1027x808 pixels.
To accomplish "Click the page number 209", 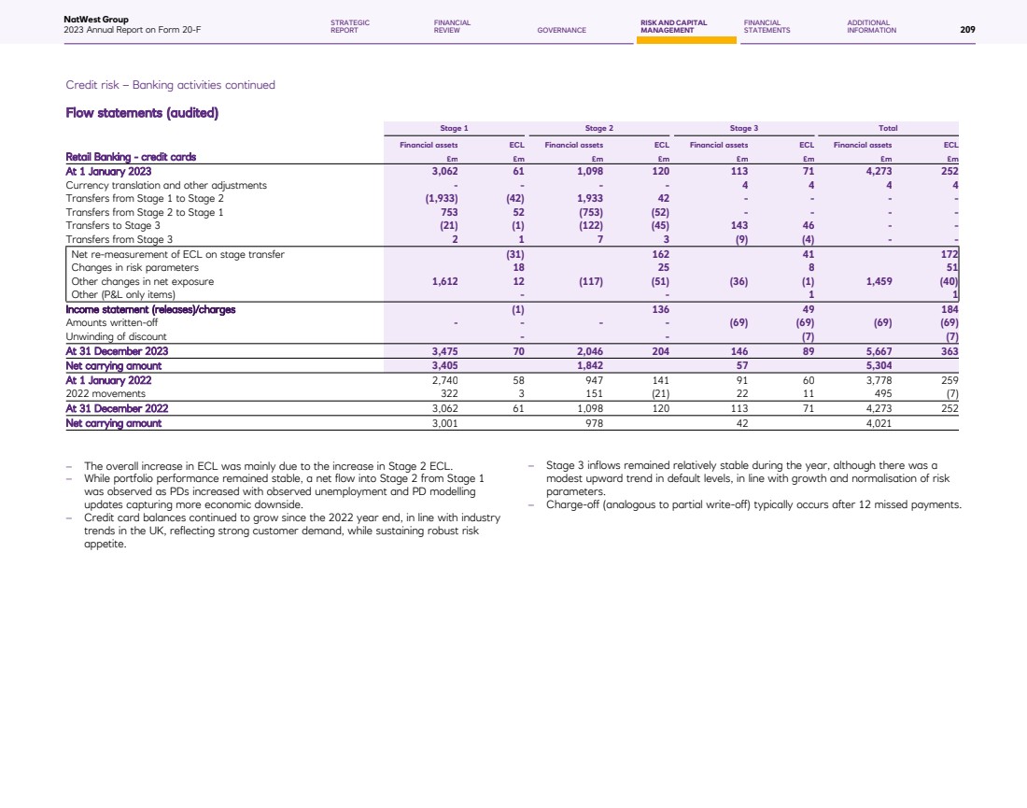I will (x=967, y=30).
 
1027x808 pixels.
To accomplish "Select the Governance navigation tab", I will (x=562, y=30).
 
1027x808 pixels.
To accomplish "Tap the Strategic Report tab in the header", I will (x=350, y=26).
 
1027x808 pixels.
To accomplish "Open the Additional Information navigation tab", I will (x=871, y=26).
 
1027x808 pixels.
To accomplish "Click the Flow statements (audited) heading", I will (x=142, y=114).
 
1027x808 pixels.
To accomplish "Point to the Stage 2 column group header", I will (x=598, y=127).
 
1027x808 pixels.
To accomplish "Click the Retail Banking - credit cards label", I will (x=131, y=157).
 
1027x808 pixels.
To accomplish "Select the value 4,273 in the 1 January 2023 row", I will (x=878, y=171).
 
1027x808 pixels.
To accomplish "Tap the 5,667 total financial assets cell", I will (x=878, y=351).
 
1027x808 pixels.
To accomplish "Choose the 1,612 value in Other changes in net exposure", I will (x=443, y=281).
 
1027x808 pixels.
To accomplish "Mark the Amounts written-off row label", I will (x=111, y=322).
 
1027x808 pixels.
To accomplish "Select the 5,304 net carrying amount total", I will (x=878, y=366).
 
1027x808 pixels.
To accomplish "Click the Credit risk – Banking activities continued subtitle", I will (x=171, y=85).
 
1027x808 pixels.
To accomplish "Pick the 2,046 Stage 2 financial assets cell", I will (x=588, y=351).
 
